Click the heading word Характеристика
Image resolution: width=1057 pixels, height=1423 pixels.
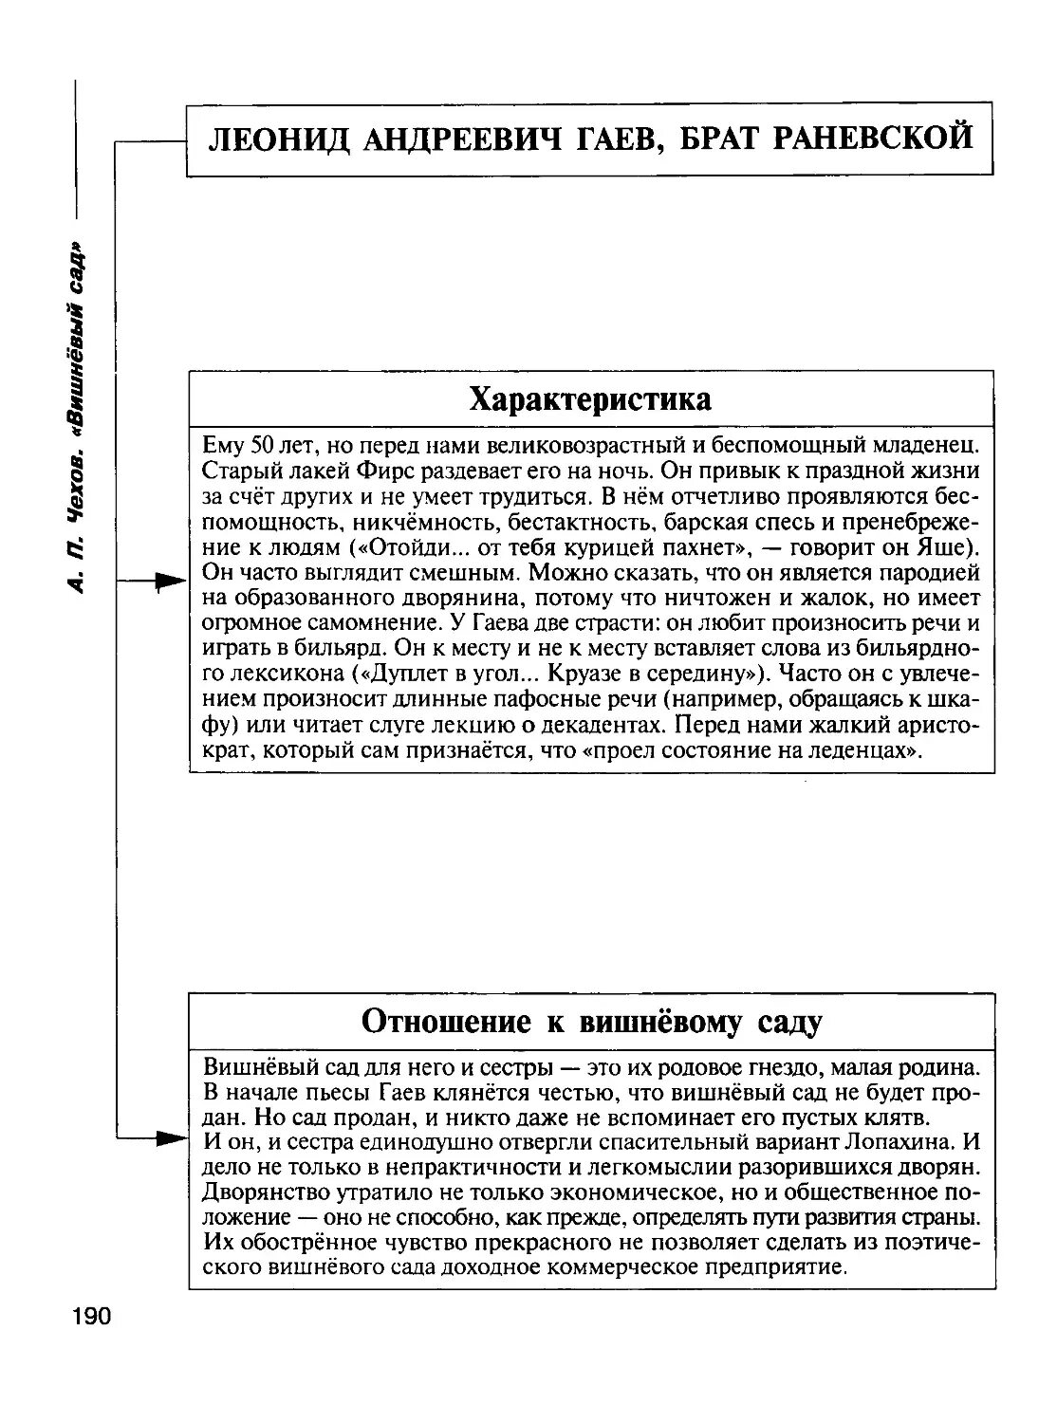click(x=590, y=398)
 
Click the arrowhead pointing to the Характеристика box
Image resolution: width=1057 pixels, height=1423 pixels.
click(x=172, y=581)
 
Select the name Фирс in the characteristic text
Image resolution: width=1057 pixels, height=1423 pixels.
click(x=387, y=470)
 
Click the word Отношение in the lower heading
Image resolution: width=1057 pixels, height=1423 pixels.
click(x=443, y=1022)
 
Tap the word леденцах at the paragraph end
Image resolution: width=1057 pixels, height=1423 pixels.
click(x=864, y=751)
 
